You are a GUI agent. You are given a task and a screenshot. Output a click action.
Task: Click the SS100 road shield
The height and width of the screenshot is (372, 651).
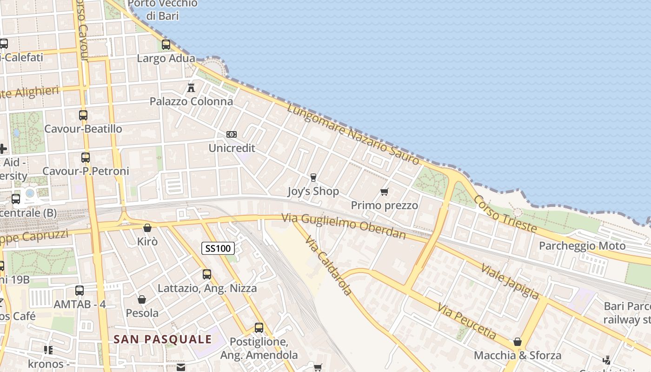tap(218, 248)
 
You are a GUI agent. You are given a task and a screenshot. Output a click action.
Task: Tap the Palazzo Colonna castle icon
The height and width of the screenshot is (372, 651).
tap(191, 87)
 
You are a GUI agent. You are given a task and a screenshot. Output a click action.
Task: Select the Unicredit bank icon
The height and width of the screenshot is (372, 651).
tap(231, 134)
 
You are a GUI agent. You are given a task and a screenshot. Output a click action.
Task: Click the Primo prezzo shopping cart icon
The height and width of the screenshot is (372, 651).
tap(384, 192)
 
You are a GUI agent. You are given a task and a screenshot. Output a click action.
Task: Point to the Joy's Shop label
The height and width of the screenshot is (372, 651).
tap(313, 191)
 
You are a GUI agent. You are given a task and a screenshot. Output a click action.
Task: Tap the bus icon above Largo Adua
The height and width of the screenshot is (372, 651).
tap(166, 45)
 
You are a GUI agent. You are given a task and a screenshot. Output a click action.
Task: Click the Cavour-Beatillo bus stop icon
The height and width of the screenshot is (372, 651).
tap(83, 115)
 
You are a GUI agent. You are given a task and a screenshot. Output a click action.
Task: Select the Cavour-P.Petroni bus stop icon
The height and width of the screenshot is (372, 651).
tap(85, 158)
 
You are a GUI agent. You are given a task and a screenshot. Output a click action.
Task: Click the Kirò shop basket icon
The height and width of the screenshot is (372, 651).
tap(147, 228)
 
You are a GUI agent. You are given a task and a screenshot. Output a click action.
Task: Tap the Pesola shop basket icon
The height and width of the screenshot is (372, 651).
tap(142, 299)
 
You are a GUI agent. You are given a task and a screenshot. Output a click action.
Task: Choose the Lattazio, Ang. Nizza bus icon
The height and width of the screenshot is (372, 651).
tap(207, 274)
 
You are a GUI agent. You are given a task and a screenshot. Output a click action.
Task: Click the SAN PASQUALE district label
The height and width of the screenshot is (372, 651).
tap(163, 339)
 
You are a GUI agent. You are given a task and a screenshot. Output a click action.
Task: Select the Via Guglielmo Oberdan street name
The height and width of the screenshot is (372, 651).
tap(344, 226)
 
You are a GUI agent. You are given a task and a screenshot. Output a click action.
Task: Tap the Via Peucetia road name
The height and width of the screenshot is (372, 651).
tap(467, 320)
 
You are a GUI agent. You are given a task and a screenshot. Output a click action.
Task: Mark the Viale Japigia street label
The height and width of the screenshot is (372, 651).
tap(510, 281)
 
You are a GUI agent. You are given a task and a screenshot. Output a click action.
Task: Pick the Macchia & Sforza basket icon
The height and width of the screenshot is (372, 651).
tap(518, 342)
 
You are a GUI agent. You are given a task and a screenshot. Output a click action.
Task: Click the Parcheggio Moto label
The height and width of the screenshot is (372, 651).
tap(582, 246)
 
